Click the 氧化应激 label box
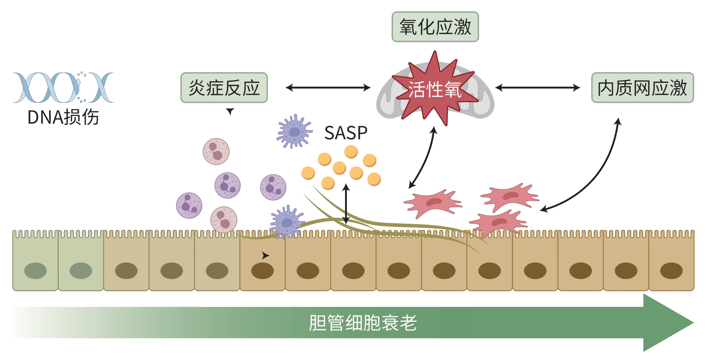[x=435, y=27]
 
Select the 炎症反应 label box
[x=224, y=88]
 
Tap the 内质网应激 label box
[x=642, y=88]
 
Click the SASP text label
[x=346, y=133]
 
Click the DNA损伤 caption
[x=63, y=117]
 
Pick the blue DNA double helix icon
[x=63, y=87]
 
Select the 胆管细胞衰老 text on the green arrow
[x=362, y=323]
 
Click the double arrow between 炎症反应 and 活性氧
[x=328, y=88]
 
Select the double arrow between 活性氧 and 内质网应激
[x=538, y=88]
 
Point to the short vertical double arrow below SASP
[x=346, y=203]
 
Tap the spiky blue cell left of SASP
[x=294, y=131]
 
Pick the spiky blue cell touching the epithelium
[x=286, y=222]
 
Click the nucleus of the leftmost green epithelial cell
[x=35, y=271]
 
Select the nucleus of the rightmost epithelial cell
[x=671, y=271]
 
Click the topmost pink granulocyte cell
[x=216, y=151]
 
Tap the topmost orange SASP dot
[x=351, y=151]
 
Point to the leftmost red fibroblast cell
[x=432, y=202]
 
